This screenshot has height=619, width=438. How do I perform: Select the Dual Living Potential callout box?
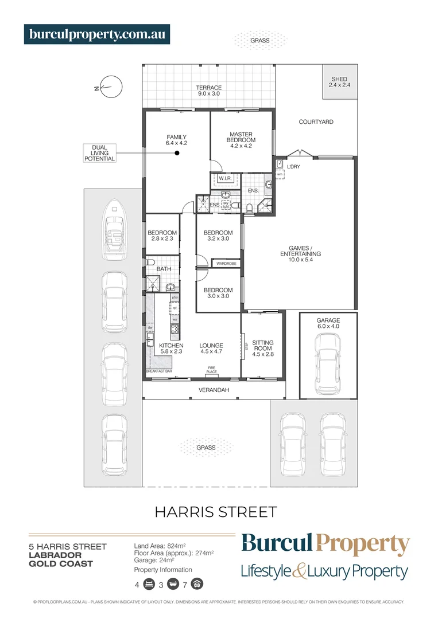click(x=99, y=153)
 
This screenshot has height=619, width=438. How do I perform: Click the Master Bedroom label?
click(x=241, y=138)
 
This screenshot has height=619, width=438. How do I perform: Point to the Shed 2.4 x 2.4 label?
click(x=339, y=82)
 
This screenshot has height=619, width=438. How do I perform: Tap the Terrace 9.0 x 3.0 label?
click(x=209, y=91)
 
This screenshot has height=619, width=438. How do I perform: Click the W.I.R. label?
click(x=224, y=179)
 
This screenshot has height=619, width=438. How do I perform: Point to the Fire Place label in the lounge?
click(x=211, y=371)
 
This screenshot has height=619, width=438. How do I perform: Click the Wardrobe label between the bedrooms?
click(x=226, y=264)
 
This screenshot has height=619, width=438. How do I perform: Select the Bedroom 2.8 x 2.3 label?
click(x=162, y=236)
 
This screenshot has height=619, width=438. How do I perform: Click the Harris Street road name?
click(x=216, y=512)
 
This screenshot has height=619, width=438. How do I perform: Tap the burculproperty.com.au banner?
click(x=97, y=34)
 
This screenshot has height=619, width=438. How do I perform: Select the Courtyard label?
click(x=316, y=122)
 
